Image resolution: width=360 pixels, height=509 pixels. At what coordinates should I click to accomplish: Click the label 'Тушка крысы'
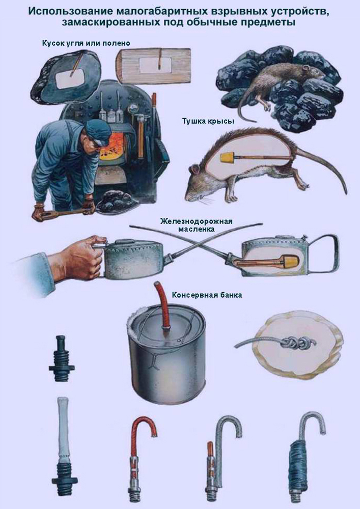(208, 121)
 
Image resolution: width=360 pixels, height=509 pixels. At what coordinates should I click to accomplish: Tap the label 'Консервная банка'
(207, 295)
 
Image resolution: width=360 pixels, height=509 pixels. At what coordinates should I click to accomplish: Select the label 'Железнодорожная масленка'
(197, 225)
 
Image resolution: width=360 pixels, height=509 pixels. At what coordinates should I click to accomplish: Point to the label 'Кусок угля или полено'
(86, 43)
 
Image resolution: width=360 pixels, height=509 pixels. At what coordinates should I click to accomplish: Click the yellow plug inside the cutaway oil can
(291, 261)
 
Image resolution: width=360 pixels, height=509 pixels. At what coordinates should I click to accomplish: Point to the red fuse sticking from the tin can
(163, 306)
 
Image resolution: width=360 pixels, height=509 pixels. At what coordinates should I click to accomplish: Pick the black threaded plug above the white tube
(61, 358)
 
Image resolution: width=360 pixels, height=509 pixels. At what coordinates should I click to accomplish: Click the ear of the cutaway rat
(195, 169)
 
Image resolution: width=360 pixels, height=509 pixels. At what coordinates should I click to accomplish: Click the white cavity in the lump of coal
(70, 79)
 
